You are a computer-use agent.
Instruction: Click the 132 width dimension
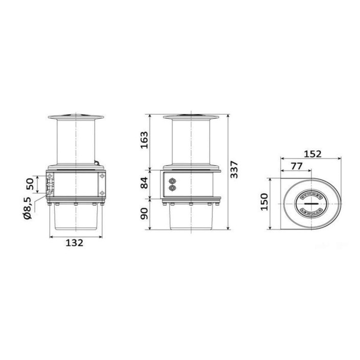(x=74, y=243)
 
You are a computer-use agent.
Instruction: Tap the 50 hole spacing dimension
(x=30, y=184)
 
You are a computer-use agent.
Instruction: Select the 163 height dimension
(x=144, y=140)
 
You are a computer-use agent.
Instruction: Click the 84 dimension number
(x=144, y=183)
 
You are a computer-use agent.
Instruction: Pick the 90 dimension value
(x=144, y=214)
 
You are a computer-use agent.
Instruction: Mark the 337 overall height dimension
(x=234, y=170)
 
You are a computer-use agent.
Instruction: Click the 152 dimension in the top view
(x=312, y=154)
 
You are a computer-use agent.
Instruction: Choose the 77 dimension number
(x=297, y=166)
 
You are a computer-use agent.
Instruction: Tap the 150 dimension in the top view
(x=264, y=202)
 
